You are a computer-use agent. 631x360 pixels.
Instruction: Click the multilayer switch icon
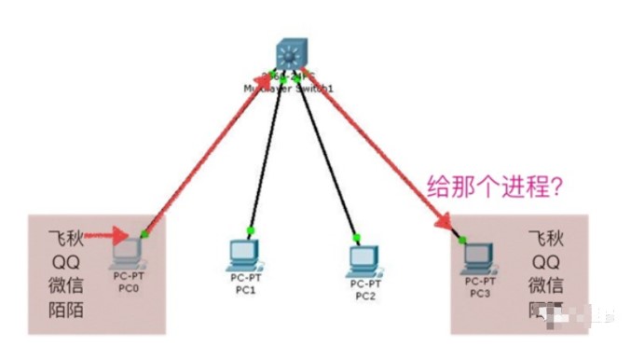pos(292,54)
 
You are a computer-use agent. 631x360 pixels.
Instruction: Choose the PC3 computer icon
pos(480,254)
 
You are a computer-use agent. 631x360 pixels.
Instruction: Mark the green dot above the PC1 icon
pos(251,229)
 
